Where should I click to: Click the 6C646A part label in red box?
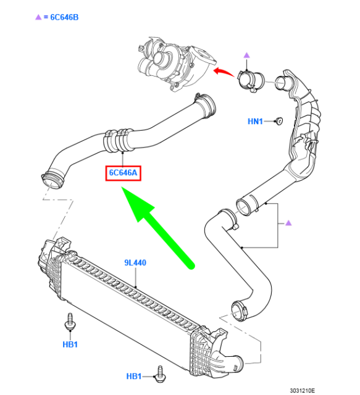click(123, 173)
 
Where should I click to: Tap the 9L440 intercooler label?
click(135, 263)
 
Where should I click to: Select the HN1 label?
click(255, 122)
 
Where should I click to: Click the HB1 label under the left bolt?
click(70, 344)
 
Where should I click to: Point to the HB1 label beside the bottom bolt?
click(133, 376)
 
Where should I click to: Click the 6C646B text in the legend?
click(65, 17)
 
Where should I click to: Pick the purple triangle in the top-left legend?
click(38, 17)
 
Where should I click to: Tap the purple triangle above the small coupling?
click(246, 55)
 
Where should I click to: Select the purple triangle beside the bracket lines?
click(288, 223)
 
